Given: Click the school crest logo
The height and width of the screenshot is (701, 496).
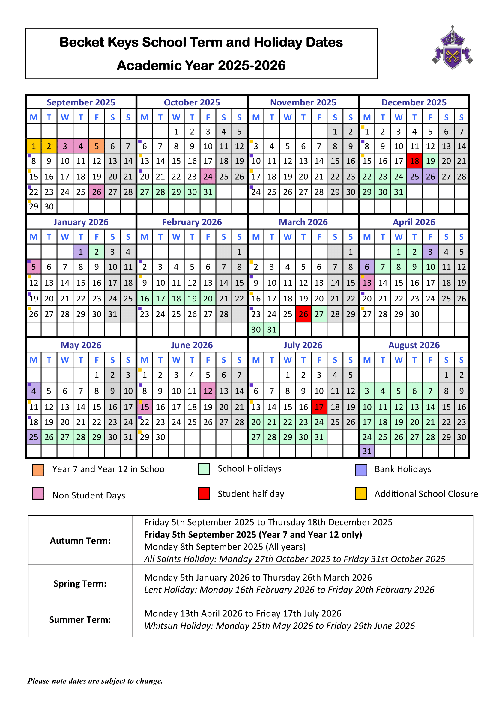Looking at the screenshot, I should (452, 48).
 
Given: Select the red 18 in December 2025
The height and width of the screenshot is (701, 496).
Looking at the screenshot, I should (414, 161).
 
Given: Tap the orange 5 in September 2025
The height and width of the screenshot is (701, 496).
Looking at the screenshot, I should (97, 146).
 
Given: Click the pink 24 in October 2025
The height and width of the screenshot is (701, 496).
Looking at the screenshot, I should (208, 177).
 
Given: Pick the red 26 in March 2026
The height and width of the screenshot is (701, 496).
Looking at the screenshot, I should (303, 314).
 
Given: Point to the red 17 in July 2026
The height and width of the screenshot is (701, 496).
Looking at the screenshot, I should (319, 407).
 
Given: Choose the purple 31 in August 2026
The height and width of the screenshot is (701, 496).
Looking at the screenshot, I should (367, 451).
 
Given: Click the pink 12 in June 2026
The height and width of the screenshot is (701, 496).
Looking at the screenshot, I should (208, 391).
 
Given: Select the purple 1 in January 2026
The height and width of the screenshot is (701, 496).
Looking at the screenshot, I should (81, 252).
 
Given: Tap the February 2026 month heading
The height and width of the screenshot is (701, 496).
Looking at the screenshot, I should (192, 222).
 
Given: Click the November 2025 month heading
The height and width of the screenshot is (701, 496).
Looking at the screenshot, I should (303, 102).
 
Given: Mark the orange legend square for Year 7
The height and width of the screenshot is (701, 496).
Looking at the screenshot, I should (38, 470).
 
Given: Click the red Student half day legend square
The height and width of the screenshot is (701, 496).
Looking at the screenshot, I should (204, 493).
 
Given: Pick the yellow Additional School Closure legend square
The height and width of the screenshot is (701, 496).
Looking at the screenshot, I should (361, 493).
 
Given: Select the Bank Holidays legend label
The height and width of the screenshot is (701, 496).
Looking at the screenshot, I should (403, 469).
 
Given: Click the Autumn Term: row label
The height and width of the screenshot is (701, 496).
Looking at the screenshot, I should (80, 541).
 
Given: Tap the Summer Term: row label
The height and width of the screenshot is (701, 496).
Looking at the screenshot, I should (80, 619).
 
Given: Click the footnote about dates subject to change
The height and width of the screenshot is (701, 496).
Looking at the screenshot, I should (95, 681).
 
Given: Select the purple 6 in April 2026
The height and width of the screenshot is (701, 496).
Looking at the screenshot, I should (367, 267).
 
